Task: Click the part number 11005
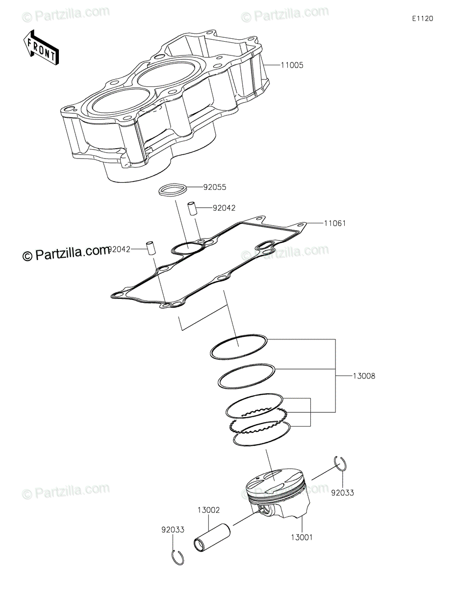point(292,65)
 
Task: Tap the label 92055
point(216,187)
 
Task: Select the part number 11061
point(335,223)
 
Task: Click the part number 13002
point(208,510)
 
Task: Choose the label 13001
point(301,537)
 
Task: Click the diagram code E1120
point(422,19)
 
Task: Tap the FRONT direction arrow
point(40,48)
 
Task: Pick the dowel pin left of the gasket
point(152,246)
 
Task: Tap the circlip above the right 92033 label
point(340,463)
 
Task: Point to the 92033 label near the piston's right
point(342,492)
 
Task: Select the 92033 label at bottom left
point(173,530)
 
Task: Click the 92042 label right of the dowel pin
point(224,208)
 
